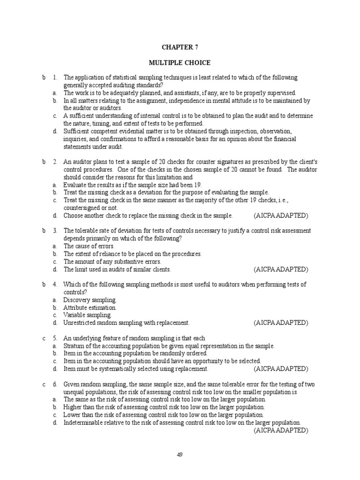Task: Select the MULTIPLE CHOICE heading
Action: click(x=180, y=63)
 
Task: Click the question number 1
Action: click(x=55, y=77)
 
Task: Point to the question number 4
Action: click(x=55, y=285)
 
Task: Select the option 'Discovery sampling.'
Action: click(x=90, y=300)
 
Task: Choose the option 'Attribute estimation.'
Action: click(x=90, y=308)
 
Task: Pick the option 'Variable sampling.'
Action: click(x=87, y=315)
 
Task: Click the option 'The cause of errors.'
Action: click(x=89, y=246)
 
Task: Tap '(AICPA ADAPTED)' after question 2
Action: click(x=281, y=216)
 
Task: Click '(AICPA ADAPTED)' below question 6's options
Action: click(x=281, y=430)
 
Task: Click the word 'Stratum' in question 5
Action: click(x=74, y=346)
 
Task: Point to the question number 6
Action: click(x=55, y=384)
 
